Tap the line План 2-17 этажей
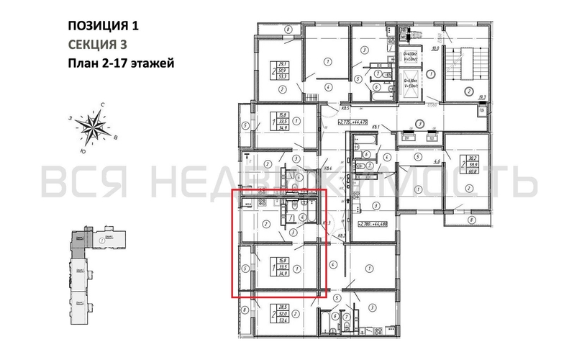click(121, 63)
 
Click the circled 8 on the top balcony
click(287, 29)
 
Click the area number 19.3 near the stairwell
click(483, 96)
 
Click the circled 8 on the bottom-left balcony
click(245, 310)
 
